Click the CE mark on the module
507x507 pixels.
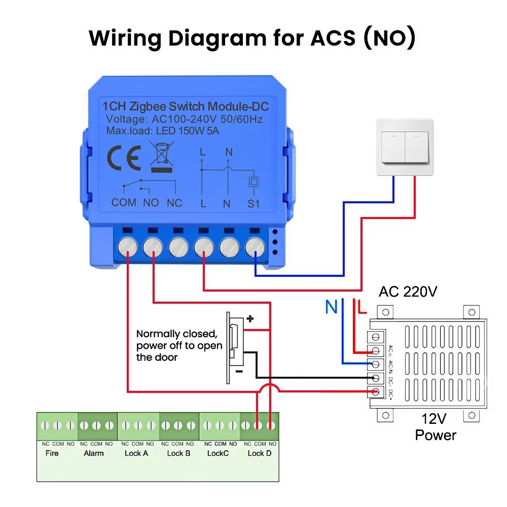[x=124, y=158]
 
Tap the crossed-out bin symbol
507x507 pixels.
[x=162, y=158]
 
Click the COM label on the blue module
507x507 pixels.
[x=124, y=202]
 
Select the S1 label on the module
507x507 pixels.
[x=253, y=203]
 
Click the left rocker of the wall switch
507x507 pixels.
[x=393, y=147]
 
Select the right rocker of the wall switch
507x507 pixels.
[x=417, y=147]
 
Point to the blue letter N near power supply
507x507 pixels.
[x=331, y=307]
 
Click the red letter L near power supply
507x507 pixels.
[x=362, y=307]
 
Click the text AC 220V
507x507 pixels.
[x=408, y=292]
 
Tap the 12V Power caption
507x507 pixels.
[x=436, y=427]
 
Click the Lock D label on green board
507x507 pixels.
[x=259, y=453]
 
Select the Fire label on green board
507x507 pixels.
[x=52, y=453]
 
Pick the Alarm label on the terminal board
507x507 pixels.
[x=94, y=453]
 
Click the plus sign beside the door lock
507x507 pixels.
[x=249, y=319]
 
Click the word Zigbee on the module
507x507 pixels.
[x=148, y=106]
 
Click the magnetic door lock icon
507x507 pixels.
[x=233, y=347]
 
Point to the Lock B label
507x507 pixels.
[x=178, y=453]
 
